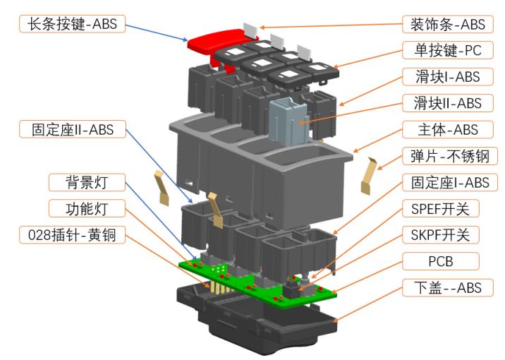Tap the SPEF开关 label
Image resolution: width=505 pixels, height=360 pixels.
(444, 209)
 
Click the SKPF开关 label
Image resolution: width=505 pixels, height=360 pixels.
(444, 235)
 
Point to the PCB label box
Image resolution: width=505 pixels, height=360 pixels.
(444, 262)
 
